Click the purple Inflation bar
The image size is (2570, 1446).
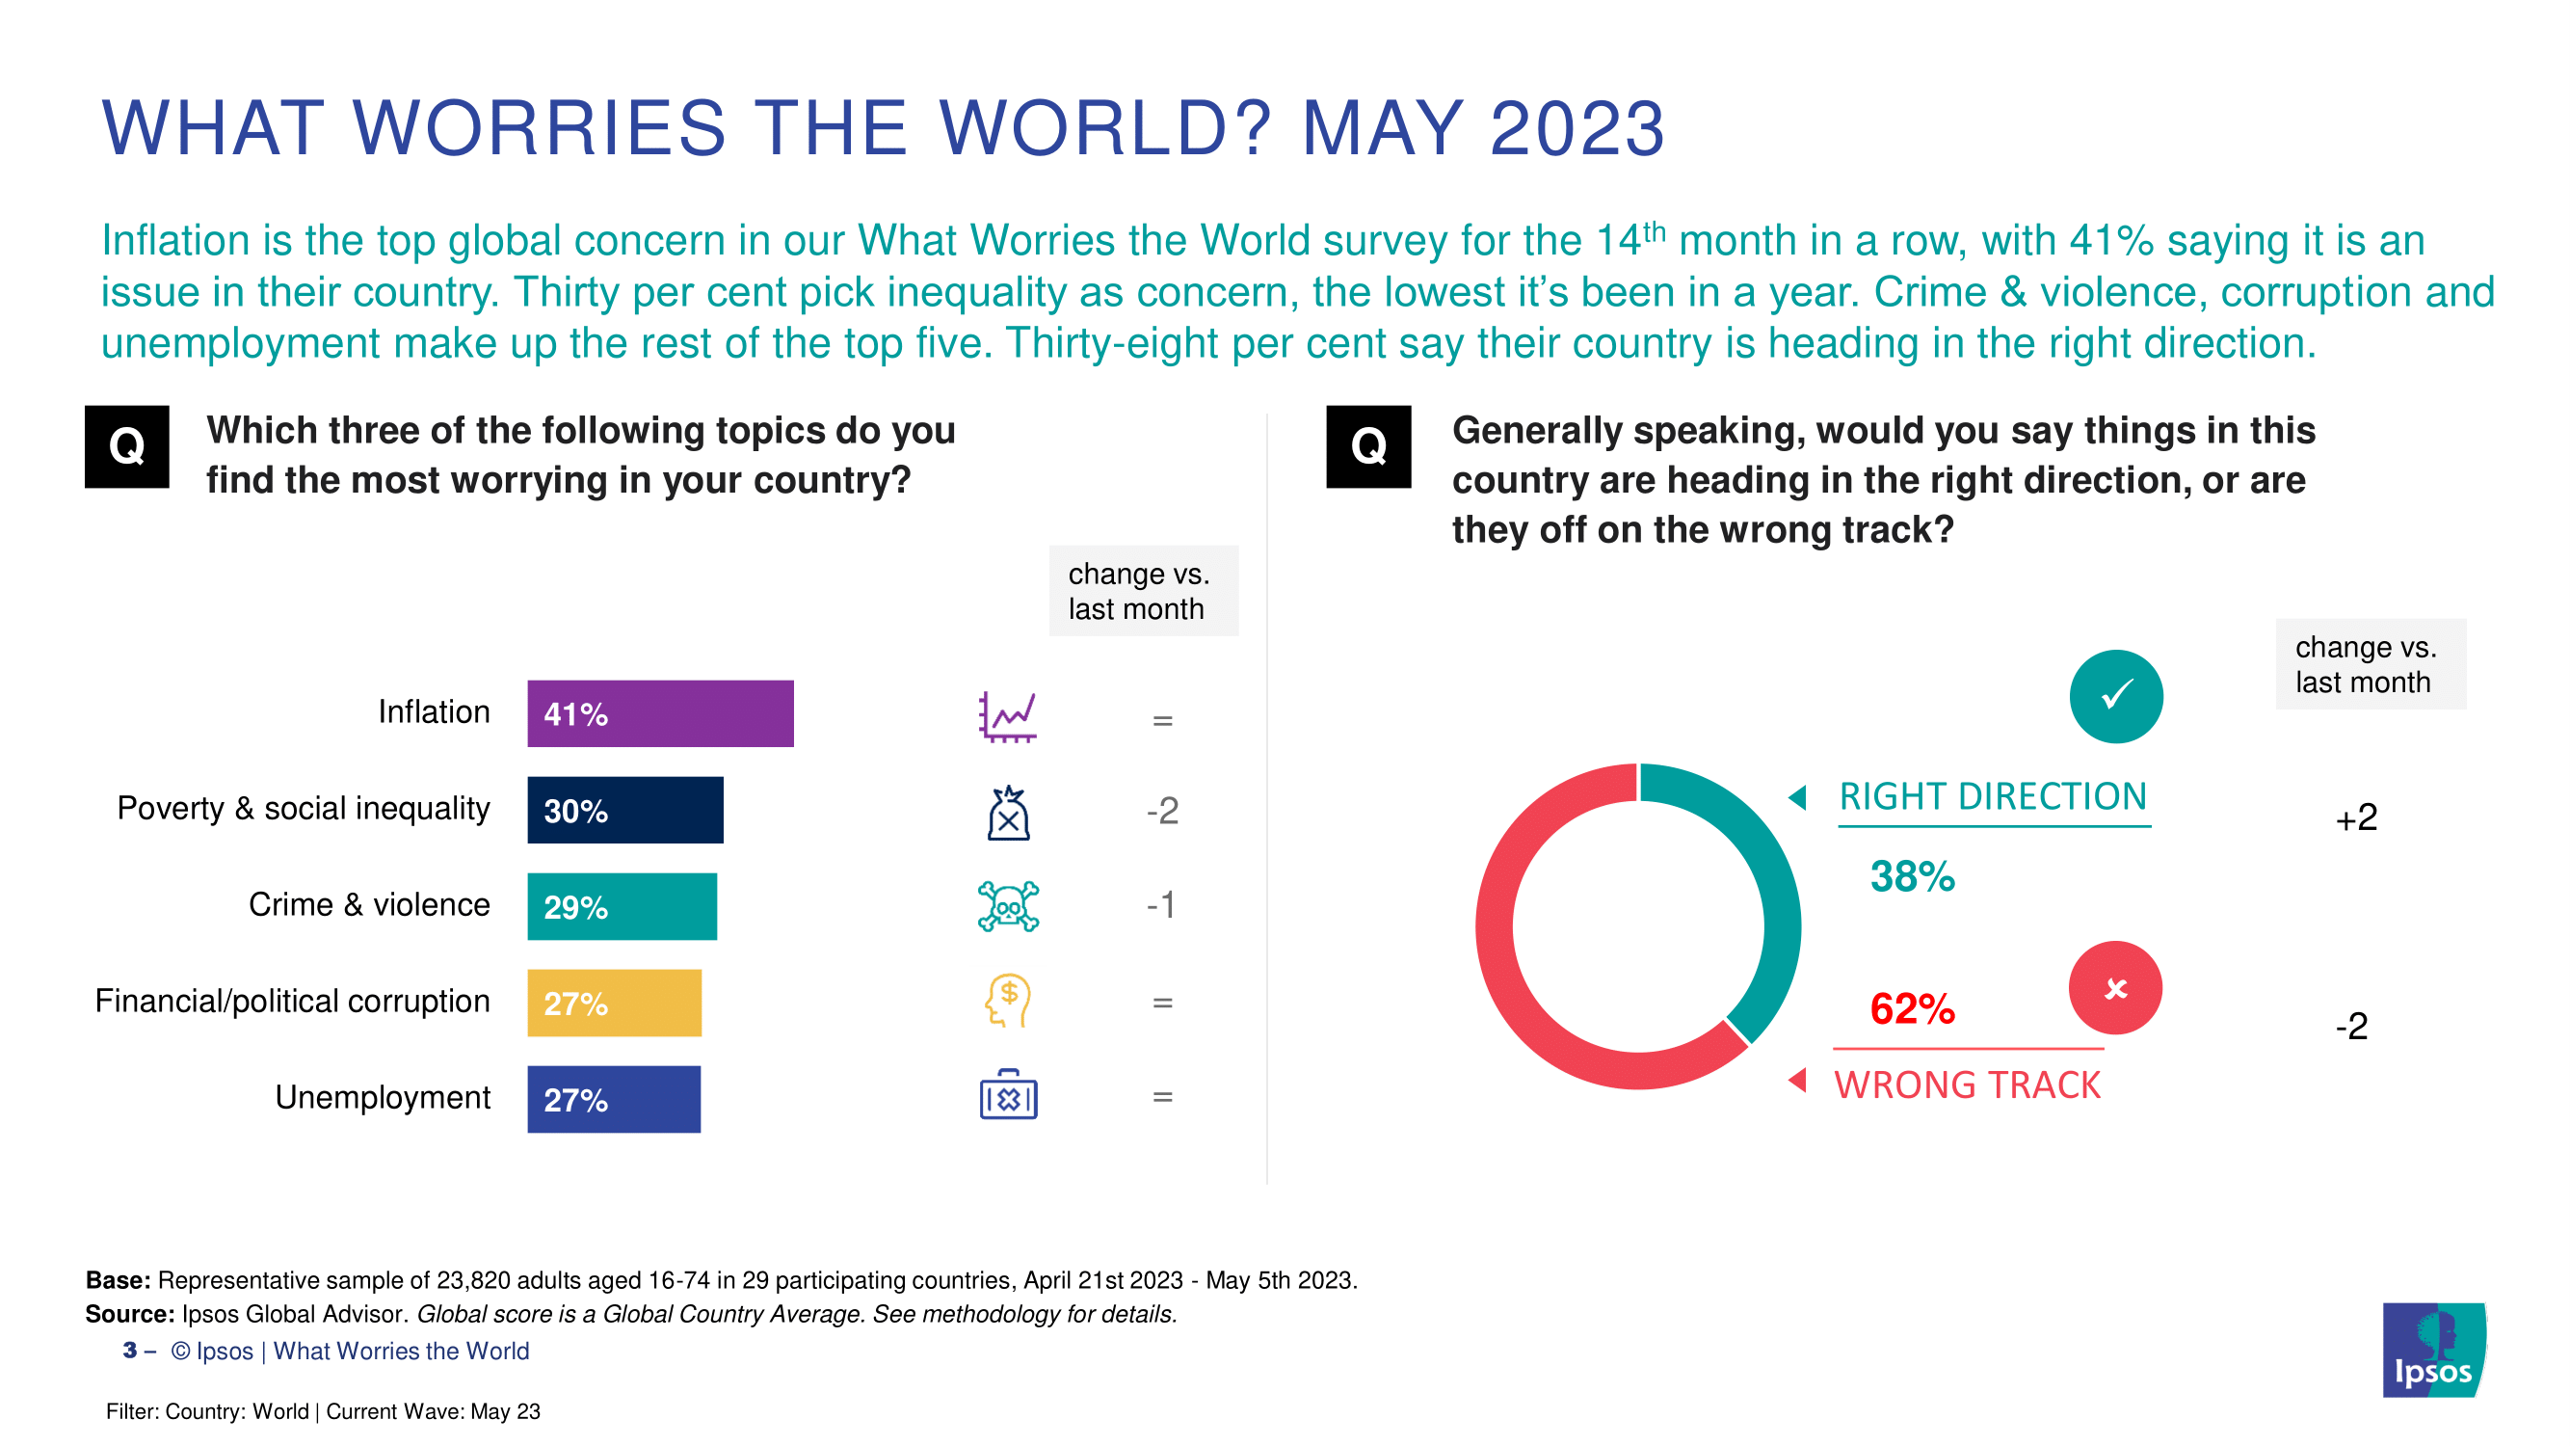(660, 713)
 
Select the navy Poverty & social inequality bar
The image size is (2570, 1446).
(625, 810)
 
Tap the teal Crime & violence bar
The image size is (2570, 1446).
(622, 906)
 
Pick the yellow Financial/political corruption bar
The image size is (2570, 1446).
(615, 1002)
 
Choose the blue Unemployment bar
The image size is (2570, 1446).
(614, 1099)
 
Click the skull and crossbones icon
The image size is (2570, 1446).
(1008, 906)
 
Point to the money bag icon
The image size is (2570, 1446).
(1008, 813)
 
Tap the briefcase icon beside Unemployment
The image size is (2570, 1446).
(1008, 1095)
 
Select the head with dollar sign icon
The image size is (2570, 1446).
(1008, 1000)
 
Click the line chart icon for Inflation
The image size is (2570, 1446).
(1008, 715)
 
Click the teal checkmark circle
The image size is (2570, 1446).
(2115, 696)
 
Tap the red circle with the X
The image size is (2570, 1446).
(2115, 988)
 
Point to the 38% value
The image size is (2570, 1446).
(1912, 876)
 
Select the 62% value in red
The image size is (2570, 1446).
(1912, 1008)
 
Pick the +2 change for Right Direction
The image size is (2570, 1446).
(2356, 818)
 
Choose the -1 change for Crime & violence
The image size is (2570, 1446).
(1160, 905)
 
